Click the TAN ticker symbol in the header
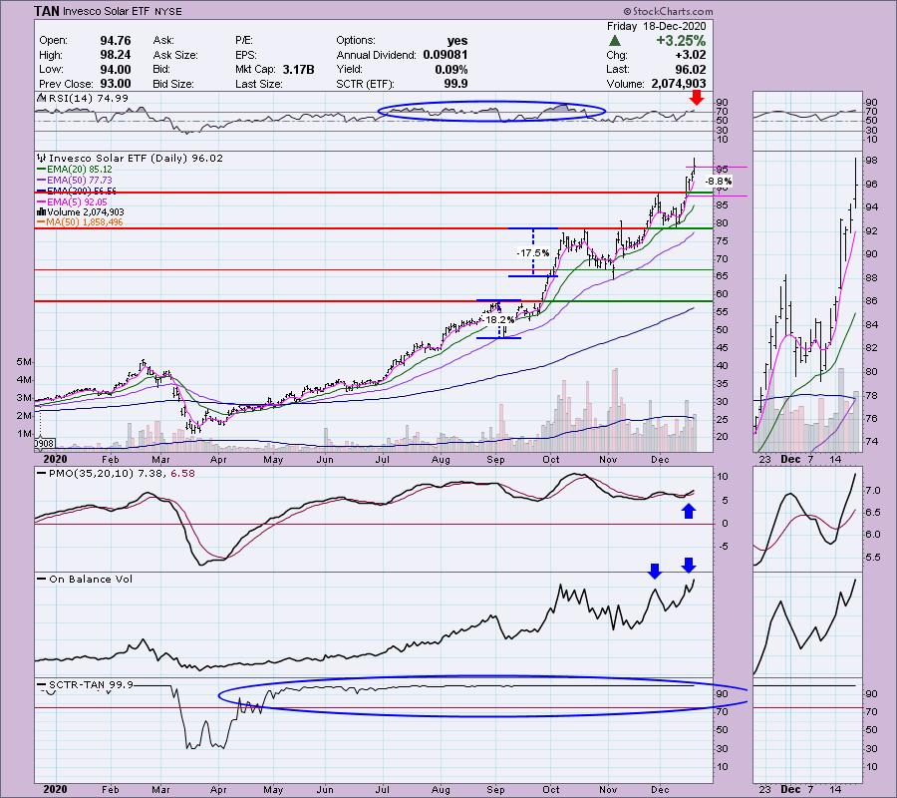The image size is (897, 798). [x=49, y=11]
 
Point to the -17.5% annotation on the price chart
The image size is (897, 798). [x=530, y=254]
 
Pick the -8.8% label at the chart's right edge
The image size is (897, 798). [x=719, y=182]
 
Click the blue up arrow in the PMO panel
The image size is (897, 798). [x=687, y=511]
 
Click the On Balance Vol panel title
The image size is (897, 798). [x=85, y=579]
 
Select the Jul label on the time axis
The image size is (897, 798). [x=382, y=461]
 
